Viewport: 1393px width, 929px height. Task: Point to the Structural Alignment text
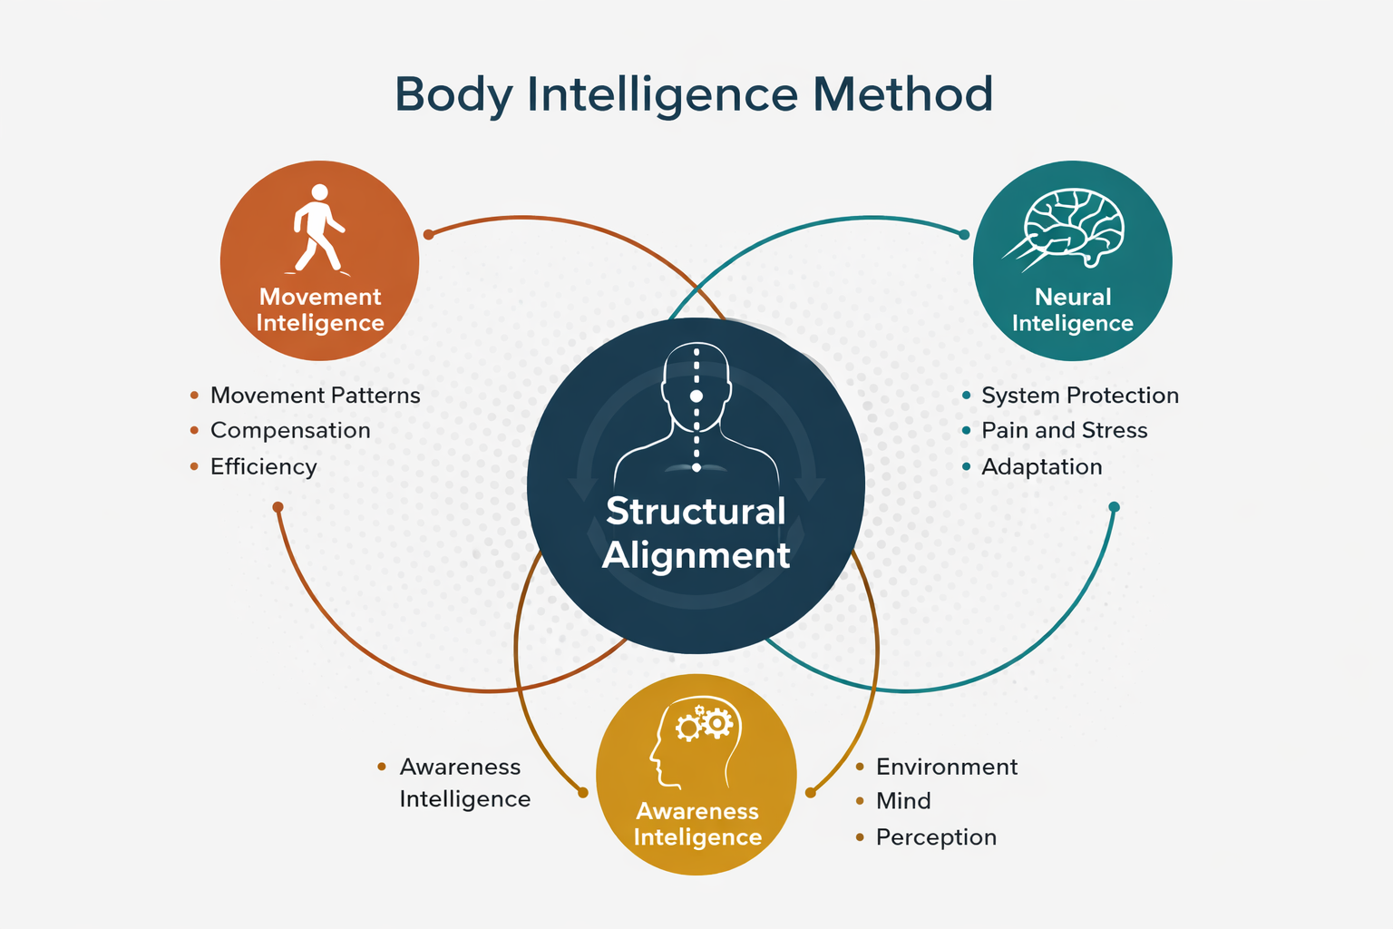[x=696, y=533]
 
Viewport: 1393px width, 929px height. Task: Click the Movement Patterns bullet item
[x=315, y=396]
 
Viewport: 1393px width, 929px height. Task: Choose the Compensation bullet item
[x=290, y=430]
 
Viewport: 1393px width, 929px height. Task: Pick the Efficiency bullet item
[x=263, y=466]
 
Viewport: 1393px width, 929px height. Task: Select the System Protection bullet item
[x=1079, y=396]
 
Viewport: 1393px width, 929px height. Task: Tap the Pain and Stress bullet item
[x=1064, y=430]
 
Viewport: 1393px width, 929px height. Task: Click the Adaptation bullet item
[x=1041, y=466]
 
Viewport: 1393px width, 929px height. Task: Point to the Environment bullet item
[x=946, y=767]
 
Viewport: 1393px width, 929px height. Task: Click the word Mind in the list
[x=903, y=801]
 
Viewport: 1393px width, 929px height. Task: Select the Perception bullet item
[x=936, y=836]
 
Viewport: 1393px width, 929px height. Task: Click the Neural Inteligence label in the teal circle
[x=1073, y=310]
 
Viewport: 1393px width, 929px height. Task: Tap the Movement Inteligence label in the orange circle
[x=320, y=310]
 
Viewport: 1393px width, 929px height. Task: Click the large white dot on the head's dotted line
[x=696, y=396]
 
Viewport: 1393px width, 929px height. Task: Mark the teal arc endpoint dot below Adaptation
[x=1115, y=507]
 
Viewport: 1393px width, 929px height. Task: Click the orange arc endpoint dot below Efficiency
[x=278, y=507]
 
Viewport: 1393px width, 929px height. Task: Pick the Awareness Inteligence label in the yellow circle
[x=697, y=824]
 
